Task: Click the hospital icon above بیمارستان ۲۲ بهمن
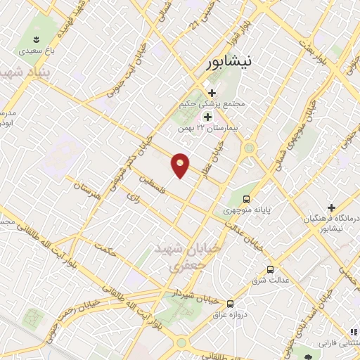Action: click(x=207, y=116)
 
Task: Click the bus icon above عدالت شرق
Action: click(x=271, y=269)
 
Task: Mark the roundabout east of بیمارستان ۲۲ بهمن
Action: click(x=249, y=148)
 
